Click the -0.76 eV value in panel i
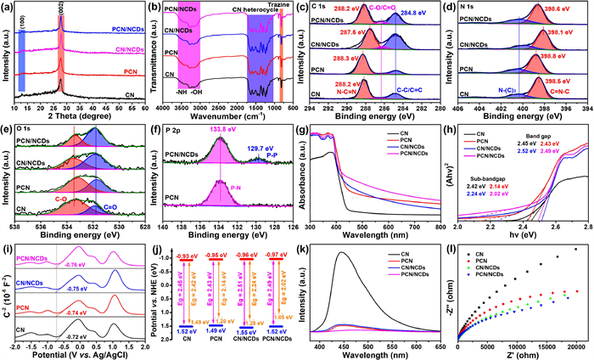coord(81,262)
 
